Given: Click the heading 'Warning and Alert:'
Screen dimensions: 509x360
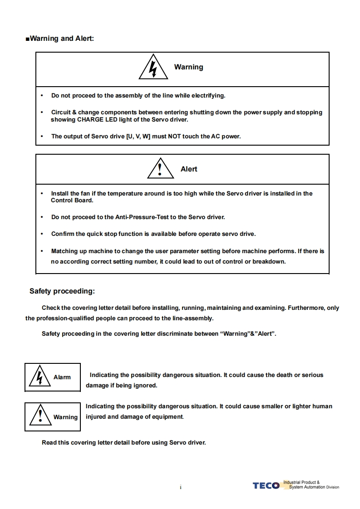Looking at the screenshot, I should pyautogui.click(x=62, y=39).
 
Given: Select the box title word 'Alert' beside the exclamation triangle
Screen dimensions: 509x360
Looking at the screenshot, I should pyautogui.click(x=189, y=169).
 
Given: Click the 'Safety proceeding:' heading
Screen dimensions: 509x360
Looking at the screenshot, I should pyautogui.click(x=62, y=291).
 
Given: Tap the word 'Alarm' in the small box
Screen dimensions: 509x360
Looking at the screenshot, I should pyautogui.click(x=62, y=377).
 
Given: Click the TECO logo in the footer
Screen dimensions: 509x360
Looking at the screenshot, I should pyautogui.click(x=266, y=486).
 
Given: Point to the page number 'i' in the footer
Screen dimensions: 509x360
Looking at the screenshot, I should pyautogui.click(x=180, y=488).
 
